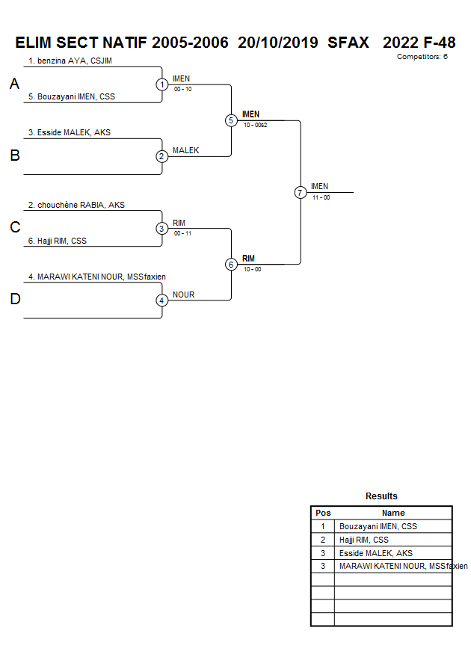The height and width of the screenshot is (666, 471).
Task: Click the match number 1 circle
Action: (162, 84)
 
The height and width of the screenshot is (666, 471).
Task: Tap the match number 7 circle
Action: (300, 192)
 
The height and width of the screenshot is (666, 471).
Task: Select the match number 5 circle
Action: (231, 120)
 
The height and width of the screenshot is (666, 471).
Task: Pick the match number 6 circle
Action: (231, 264)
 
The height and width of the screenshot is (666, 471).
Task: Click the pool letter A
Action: (14, 85)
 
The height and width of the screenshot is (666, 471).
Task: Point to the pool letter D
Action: (14, 300)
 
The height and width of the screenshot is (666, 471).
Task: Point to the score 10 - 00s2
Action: (256, 126)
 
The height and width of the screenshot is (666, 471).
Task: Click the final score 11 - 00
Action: (321, 197)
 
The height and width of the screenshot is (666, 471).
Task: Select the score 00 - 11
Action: (182, 233)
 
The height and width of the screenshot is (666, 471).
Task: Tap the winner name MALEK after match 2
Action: (185, 150)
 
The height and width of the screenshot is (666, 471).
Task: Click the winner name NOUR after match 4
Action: (183, 295)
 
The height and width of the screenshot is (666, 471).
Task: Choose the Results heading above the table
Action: (381, 496)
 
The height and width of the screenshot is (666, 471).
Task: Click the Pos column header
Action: (323, 513)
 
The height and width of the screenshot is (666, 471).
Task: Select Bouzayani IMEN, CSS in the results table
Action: (378, 526)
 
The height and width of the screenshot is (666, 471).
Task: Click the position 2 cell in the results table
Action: (323, 540)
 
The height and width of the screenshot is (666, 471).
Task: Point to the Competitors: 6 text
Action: (422, 57)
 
